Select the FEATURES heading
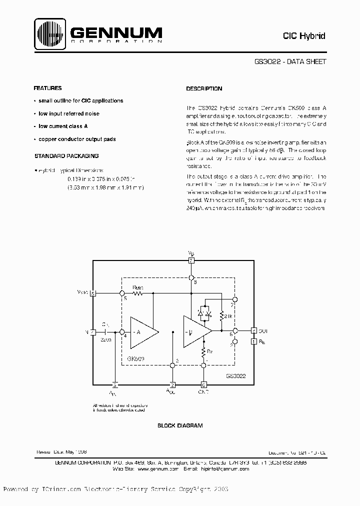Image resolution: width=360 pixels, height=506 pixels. [x=47, y=88]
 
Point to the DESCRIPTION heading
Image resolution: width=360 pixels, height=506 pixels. [x=204, y=88]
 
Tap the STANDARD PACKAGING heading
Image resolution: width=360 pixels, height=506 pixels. [x=66, y=156]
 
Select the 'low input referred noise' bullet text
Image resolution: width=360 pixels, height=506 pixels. [x=69, y=113]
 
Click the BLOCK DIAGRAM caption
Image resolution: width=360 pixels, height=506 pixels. [x=180, y=425]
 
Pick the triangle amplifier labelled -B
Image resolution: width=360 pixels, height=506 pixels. [x=195, y=331]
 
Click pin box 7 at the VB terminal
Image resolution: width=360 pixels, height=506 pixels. [x=191, y=260]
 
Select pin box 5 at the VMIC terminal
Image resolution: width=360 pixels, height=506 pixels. [x=92, y=293]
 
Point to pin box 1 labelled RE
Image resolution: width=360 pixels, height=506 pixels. [x=254, y=341]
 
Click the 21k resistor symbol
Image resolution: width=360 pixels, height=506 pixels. [x=221, y=316]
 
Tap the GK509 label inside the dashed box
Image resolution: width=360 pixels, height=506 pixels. [x=135, y=358]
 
